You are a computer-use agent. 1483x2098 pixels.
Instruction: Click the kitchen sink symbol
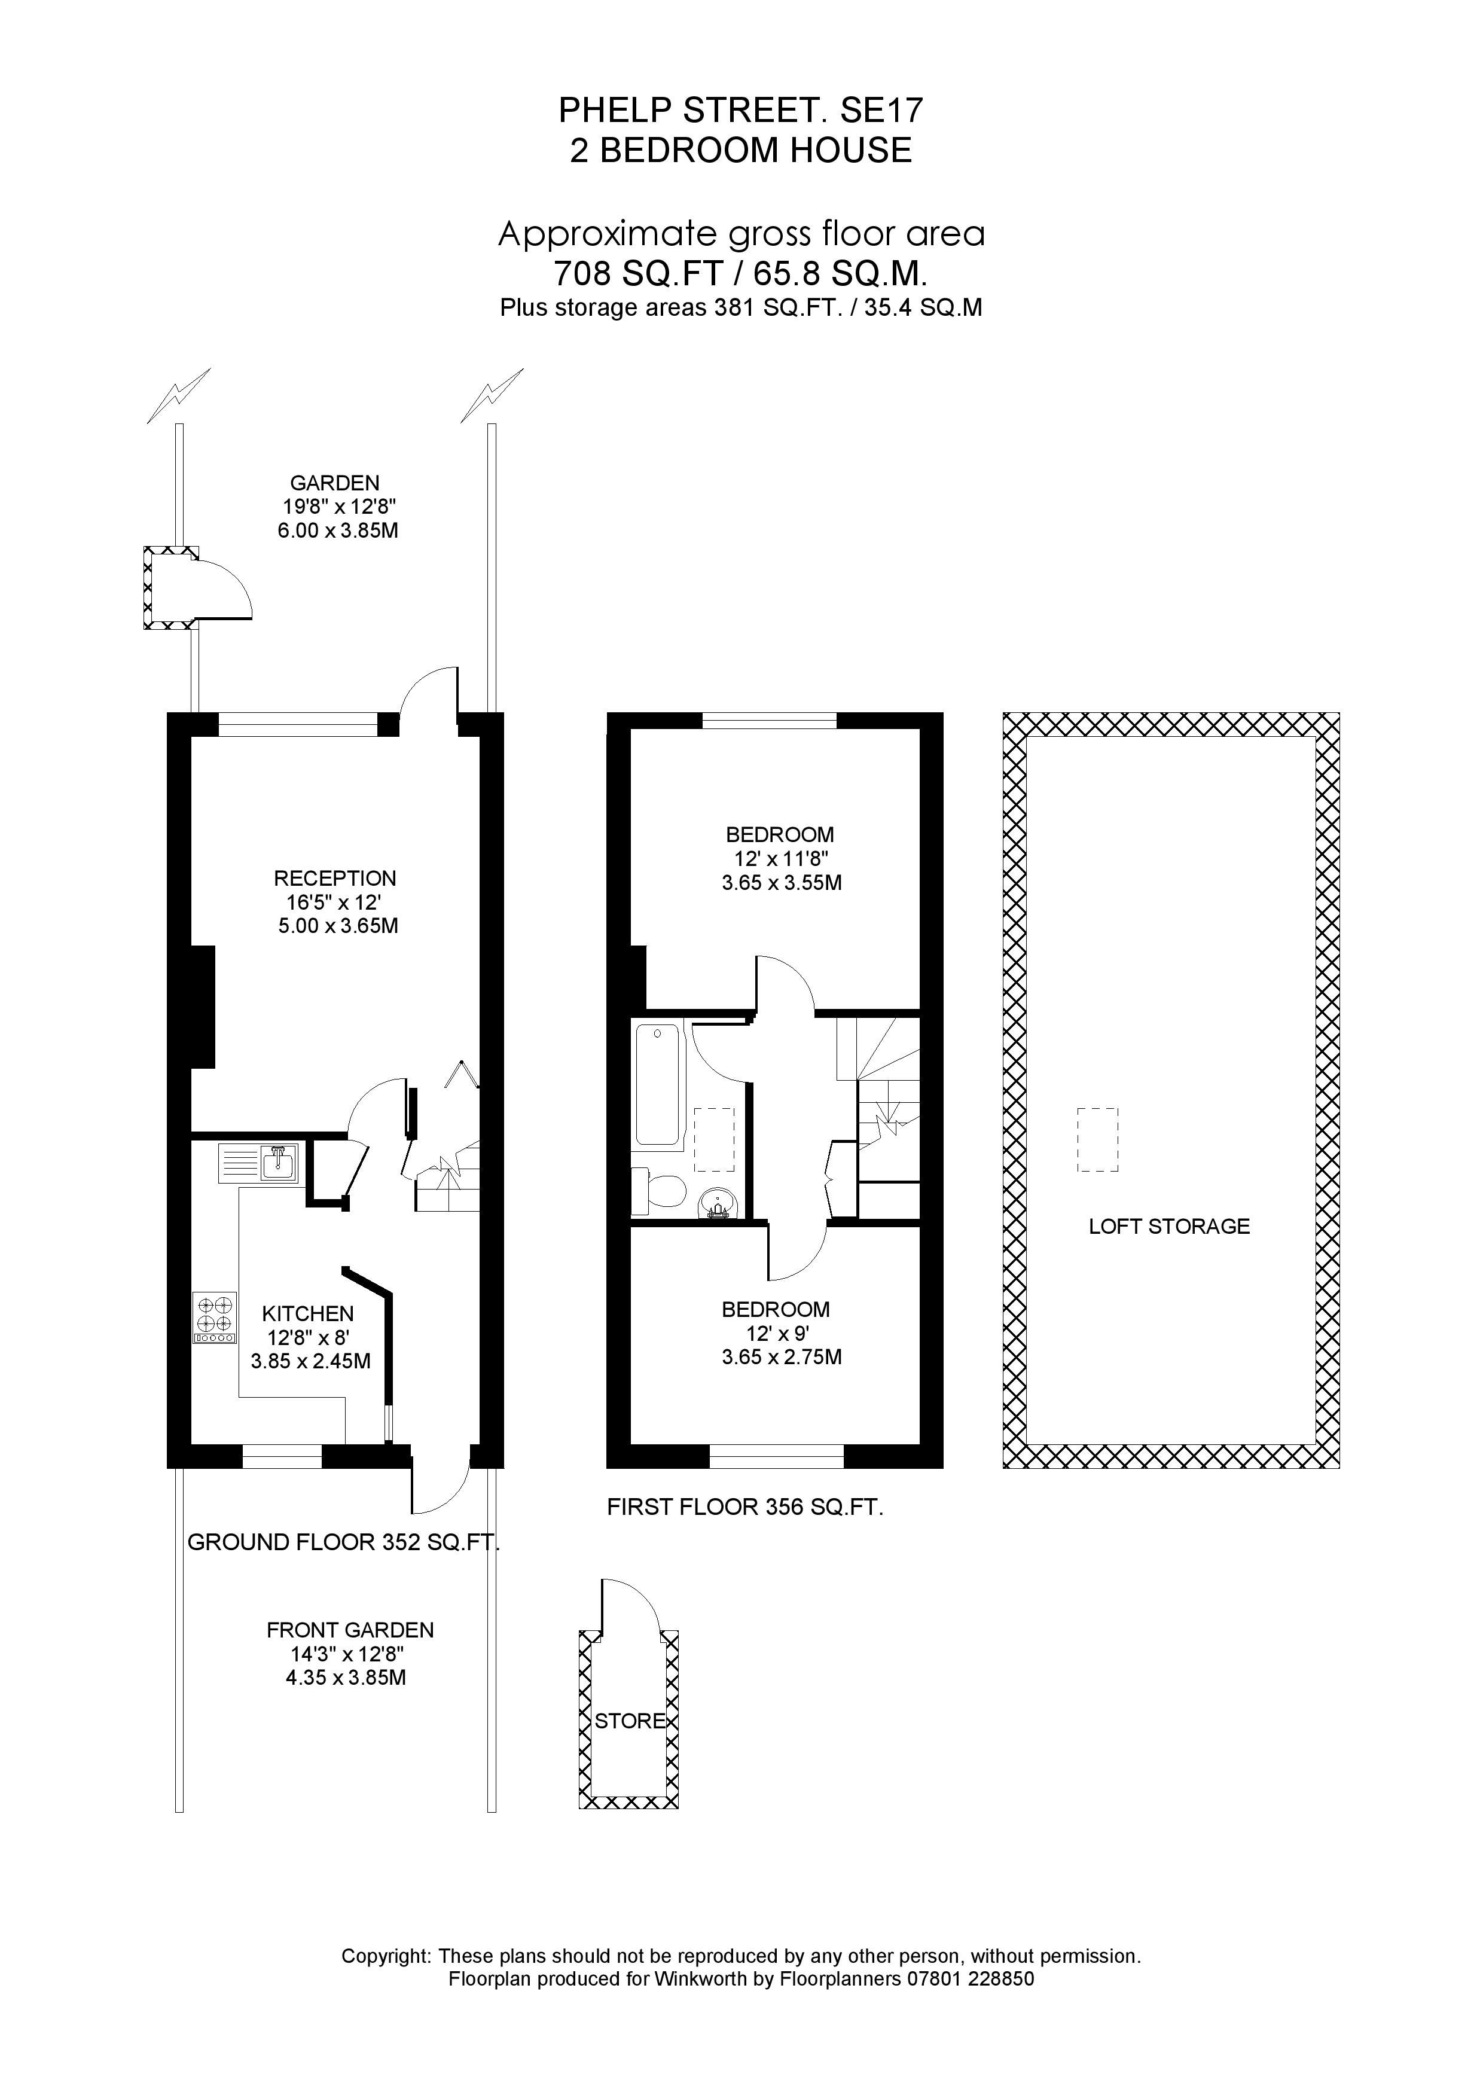click(x=258, y=1163)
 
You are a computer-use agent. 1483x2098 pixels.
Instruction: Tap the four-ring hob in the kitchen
click(x=215, y=1317)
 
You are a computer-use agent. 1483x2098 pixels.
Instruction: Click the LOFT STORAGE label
click(x=1168, y=1226)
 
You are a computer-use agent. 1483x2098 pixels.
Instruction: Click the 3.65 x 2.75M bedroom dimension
click(x=781, y=1357)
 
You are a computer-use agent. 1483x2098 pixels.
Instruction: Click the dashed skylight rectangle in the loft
click(x=1097, y=1139)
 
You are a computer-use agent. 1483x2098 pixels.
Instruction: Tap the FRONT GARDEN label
click(x=350, y=1629)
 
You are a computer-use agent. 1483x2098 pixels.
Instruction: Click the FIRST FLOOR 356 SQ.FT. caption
click(x=744, y=1507)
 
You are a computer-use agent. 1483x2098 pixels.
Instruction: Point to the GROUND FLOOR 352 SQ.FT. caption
click(x=343, y=1542)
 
